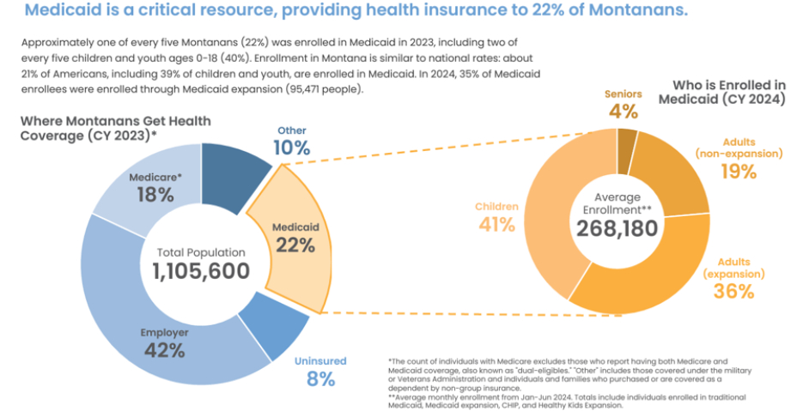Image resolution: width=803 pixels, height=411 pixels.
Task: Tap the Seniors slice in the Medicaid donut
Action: pos(627,142)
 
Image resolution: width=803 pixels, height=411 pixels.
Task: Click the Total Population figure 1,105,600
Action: pos(202,271)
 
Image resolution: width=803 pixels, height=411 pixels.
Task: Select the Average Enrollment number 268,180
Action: pos(617,227)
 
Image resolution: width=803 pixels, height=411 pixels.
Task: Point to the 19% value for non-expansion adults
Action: pos(739,172)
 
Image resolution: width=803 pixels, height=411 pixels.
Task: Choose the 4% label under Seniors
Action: pos(624,111)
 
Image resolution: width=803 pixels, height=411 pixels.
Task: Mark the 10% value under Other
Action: pos(291,148)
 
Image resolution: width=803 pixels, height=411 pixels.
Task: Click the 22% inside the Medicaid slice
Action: pos(295,245)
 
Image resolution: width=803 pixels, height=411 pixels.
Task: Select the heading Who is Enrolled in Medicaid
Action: pos(721,92)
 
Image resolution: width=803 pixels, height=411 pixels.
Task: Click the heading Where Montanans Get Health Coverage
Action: pos(115,129)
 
